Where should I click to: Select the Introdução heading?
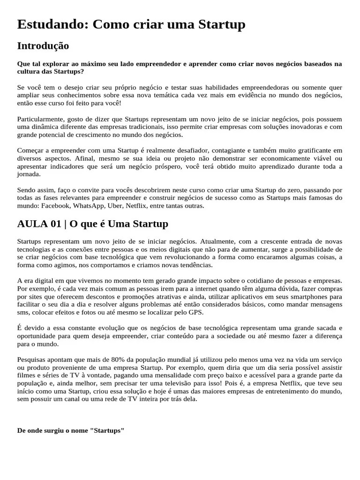(x=43, y=46)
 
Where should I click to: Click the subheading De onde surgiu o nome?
(x=70, y=430)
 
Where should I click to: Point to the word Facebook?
(x=56, y=205)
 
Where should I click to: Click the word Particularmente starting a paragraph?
(x=41, y=119)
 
